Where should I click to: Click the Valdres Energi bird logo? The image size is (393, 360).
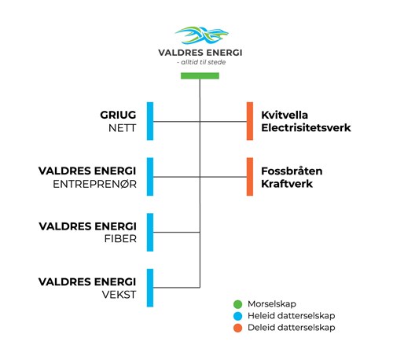[202, 35]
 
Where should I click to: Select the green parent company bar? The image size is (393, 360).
[200, 75]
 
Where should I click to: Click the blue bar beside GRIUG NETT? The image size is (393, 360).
[150, 121]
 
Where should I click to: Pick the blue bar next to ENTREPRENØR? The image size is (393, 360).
[150, 177]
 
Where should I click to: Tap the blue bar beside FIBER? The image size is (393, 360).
[150, 232]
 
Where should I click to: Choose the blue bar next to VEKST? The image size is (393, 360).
[150, 288]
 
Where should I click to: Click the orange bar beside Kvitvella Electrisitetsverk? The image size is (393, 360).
[250, 121]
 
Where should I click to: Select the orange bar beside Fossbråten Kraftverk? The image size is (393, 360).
[250, 177]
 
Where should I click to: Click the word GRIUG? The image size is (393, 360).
[118, 115]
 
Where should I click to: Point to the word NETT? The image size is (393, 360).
[123, 128]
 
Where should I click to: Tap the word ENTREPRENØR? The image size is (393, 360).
[95, 184]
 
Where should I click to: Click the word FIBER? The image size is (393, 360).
[120, 239]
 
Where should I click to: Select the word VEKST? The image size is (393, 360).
[119, 295]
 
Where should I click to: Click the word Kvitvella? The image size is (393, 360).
[285, 115]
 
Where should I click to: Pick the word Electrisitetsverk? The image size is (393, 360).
[306, 128]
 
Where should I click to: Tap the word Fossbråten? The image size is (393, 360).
[292, 171]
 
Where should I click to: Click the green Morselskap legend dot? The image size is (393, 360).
[237, 304]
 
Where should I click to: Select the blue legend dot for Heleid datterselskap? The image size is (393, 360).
[237, 316]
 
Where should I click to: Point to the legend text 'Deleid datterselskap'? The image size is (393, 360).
[292, 328]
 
